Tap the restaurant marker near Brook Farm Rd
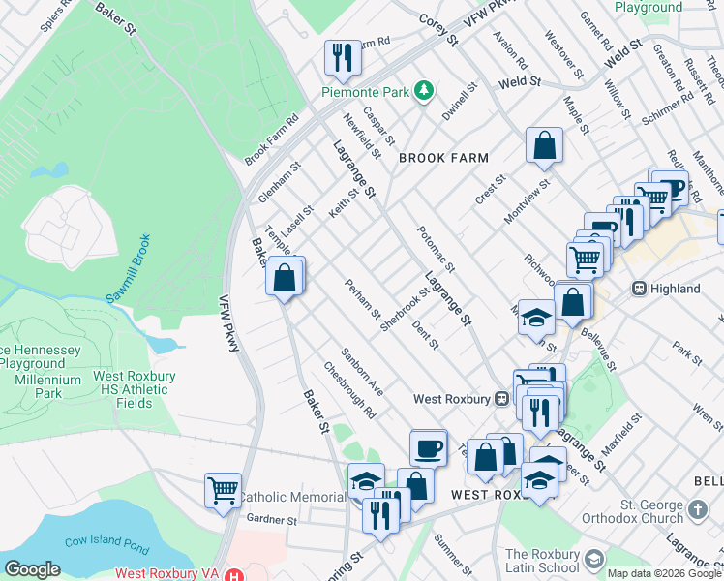coord(342,58)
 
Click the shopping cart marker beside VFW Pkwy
coord(223,491)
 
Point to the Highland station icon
coord(639,289)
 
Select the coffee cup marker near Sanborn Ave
coord(429,449)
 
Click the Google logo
coord(32,569)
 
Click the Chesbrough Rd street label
coord(349,390)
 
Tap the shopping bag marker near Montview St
coord(545,146)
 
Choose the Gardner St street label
coord(271,520)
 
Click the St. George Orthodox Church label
coord(652,510)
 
